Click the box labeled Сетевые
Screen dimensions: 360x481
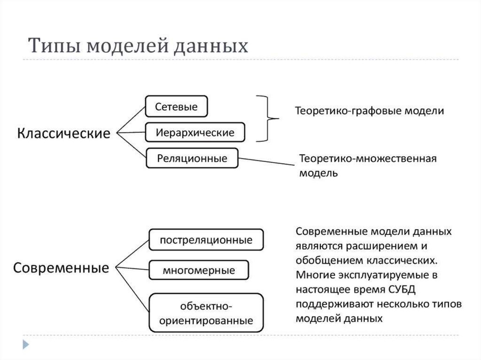(x=176, y=107)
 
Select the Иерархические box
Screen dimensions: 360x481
(x=195, y=132)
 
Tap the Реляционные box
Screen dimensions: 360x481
(x=192, y=158)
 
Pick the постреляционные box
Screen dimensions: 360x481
(x=206, y=240)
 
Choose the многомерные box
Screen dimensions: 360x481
(x=199, y=270)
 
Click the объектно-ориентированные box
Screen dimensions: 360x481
(x=206, y=314)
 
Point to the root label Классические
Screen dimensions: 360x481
(x=64, y=133)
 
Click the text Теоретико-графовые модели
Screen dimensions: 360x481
(x=369, y=111)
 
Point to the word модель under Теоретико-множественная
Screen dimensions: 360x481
(x=318, y=172)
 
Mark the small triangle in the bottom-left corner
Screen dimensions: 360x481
(x=26, y=345)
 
